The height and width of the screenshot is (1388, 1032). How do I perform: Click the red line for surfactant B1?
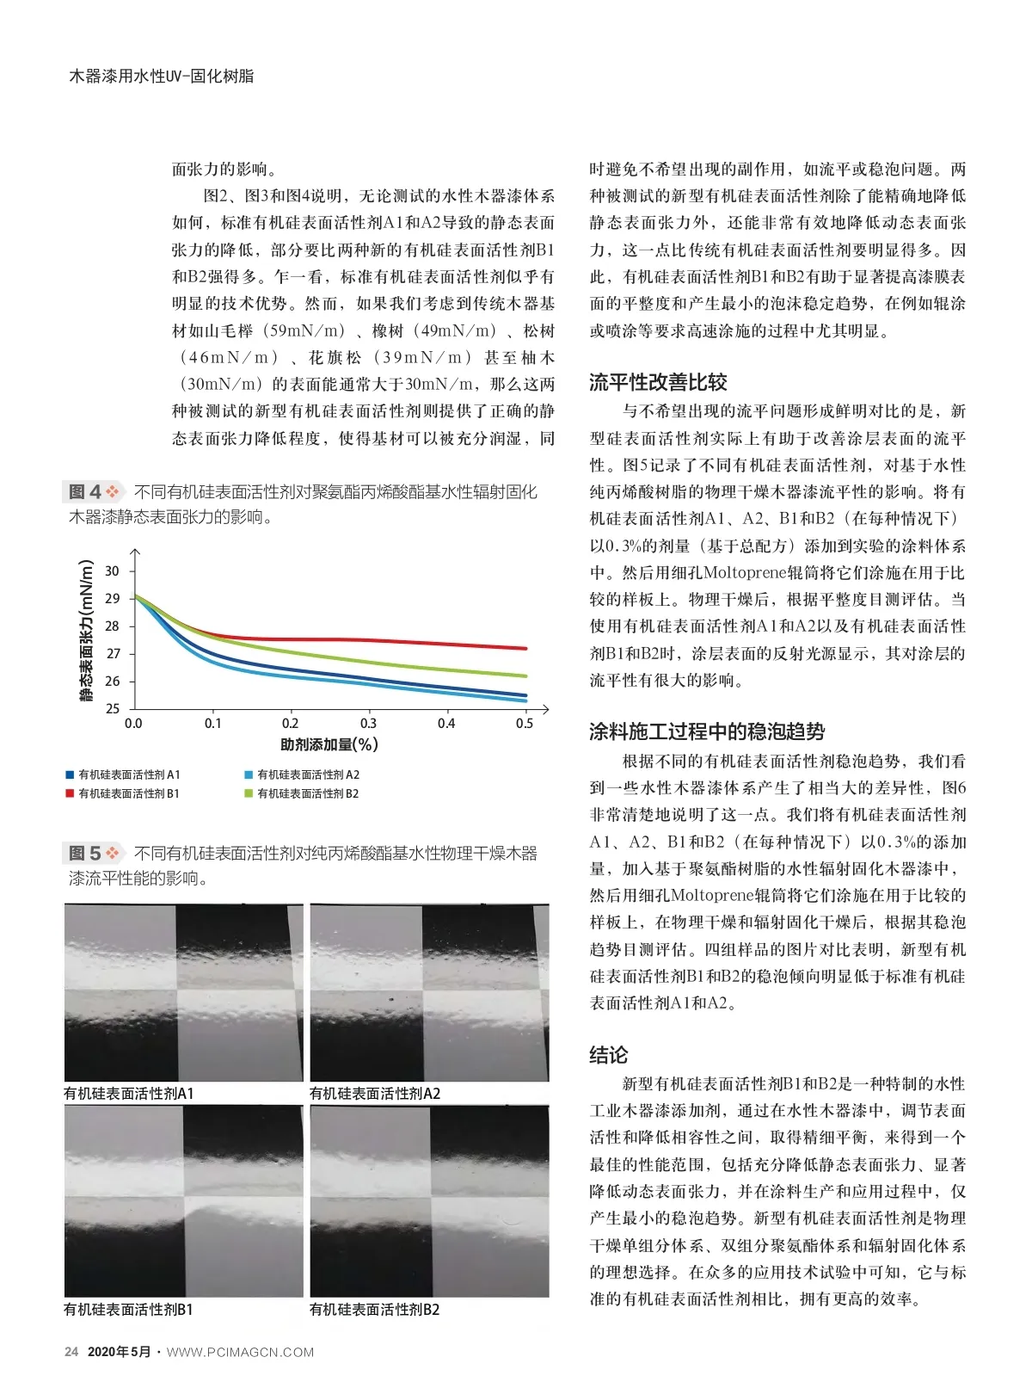[x=387, y=640]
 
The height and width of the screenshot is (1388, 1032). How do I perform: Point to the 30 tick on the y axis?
[x=113, y=571]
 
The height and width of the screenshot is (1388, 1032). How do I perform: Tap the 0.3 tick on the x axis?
[x=368, y=724]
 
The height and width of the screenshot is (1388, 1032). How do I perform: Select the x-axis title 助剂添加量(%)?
[x=329, y=744]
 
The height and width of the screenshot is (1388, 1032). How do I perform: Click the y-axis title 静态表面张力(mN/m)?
[x=86, y=631]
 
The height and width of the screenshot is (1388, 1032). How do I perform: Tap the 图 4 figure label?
[x=86, y=492]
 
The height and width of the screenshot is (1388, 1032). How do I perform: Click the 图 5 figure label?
[x=86, y=854]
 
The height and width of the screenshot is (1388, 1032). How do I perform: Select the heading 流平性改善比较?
[x=658, y=383]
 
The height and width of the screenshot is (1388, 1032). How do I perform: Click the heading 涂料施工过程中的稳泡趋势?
[x=706, y=732]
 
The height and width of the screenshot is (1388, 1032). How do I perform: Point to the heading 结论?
[x=608, y=1055]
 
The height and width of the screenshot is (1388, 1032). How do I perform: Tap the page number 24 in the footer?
[x=71, y=1352]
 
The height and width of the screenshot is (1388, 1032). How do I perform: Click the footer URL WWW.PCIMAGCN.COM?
[x=240, y=1352]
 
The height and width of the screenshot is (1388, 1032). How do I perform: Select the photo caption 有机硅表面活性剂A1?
[x=129, y=1094]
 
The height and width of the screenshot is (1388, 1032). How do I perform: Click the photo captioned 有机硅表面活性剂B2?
[x=429, y=1201]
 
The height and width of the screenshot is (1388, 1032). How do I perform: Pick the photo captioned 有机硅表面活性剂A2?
[x=429, y=991]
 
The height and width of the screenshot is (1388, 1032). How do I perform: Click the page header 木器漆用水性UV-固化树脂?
[x=161, y=76]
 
